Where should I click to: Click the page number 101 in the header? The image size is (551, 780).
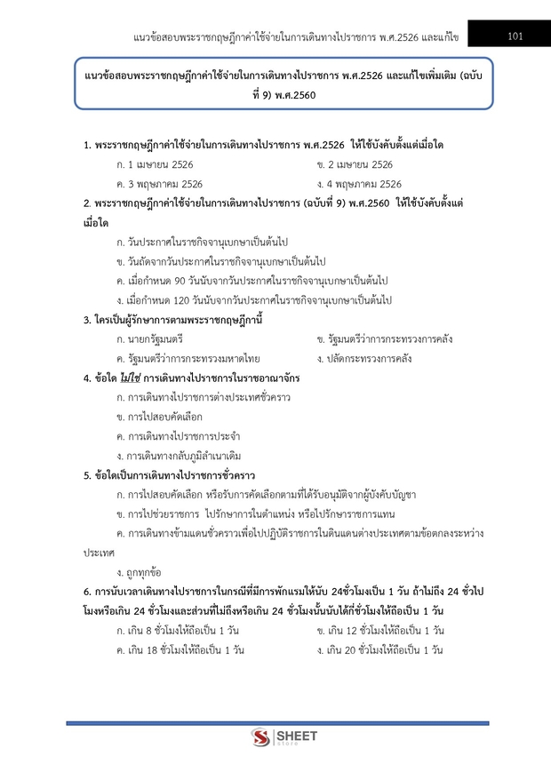tap(515, 36)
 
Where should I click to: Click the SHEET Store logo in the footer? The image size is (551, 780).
tap(276, 738)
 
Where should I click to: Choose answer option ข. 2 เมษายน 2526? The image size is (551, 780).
tap(355, 164)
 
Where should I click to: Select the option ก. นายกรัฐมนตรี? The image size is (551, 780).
tap(149, 339)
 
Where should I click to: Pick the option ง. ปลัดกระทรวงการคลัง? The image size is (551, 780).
tap(364, 359)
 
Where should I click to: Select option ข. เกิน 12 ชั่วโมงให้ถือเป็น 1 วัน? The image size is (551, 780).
tap(379, 630)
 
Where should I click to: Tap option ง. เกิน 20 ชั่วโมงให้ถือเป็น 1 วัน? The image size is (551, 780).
tap(379, 649)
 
